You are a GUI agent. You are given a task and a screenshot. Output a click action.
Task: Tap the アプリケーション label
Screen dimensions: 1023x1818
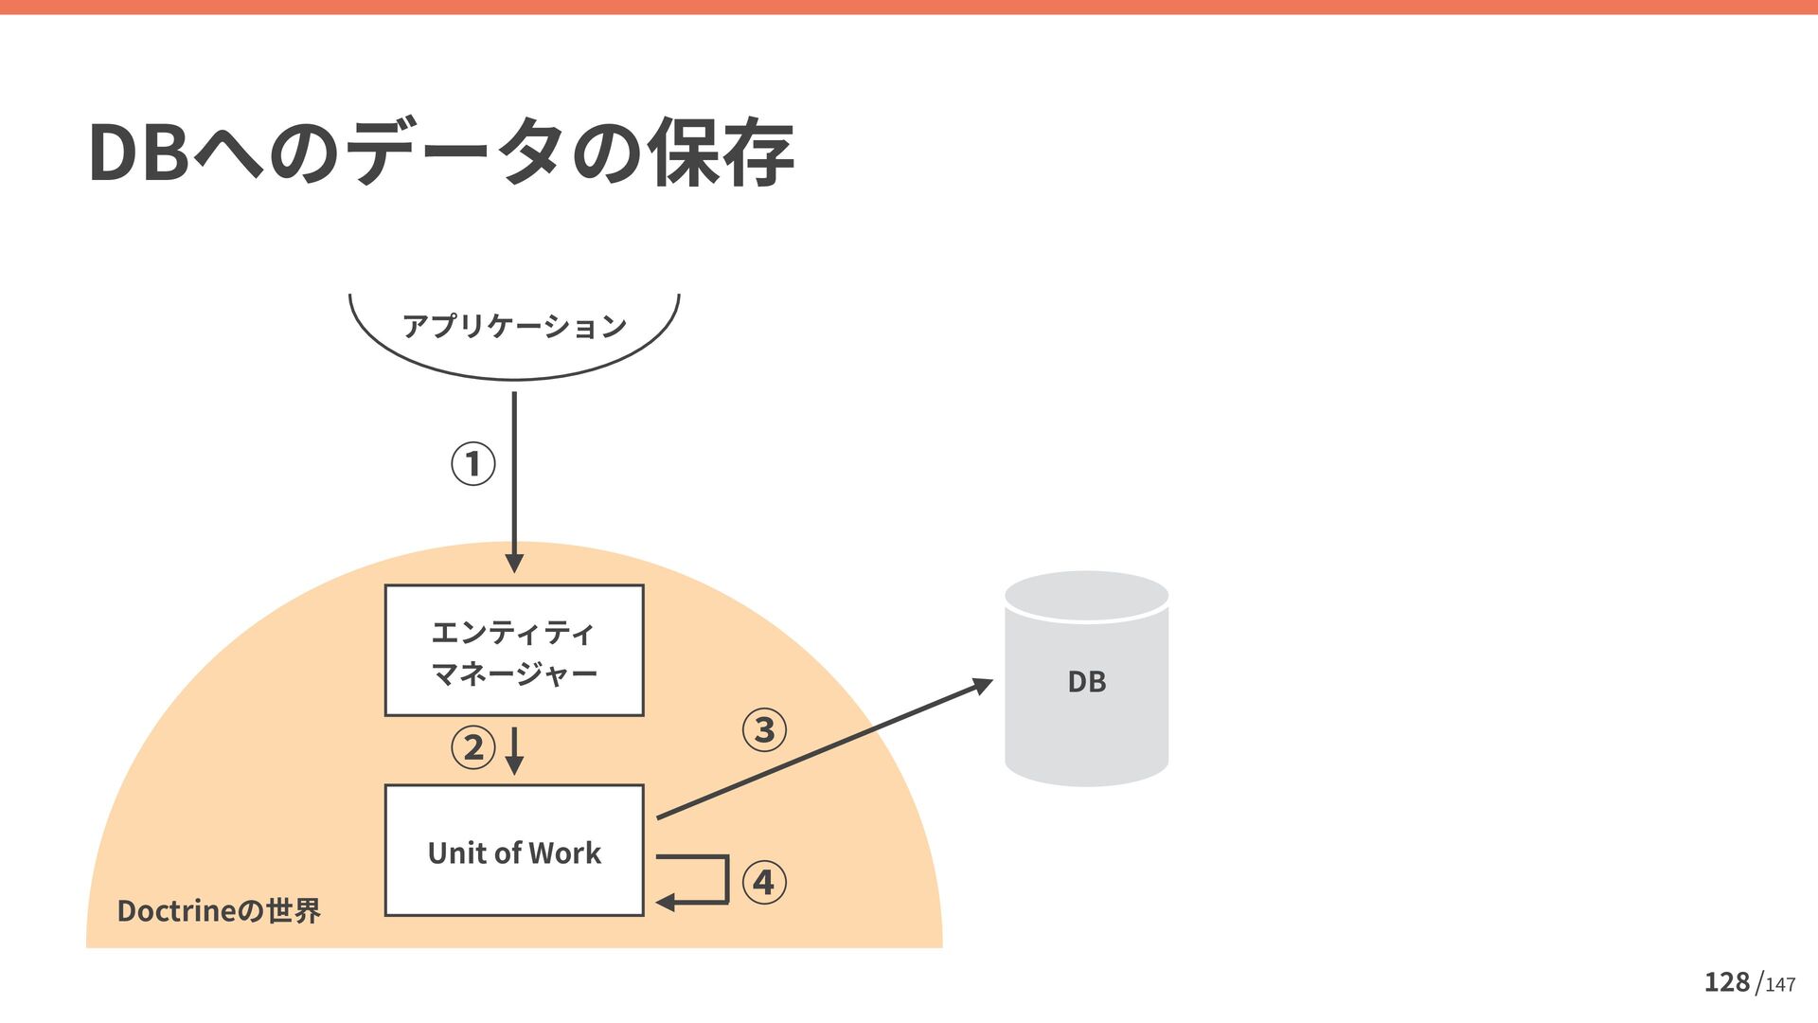click(x=514, y=326)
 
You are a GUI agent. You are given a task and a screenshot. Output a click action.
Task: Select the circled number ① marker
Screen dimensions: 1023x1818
click(x=473, y=464)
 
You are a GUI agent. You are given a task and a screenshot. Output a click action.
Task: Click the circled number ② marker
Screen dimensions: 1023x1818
click(x=473, y=747)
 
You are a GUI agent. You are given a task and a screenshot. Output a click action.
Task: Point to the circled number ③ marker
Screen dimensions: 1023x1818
click(x=764, y=730)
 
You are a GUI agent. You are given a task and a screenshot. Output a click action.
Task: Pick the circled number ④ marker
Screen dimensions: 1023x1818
click(x=764, y=883)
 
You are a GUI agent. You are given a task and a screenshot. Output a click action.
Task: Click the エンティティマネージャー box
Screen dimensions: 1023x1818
click(x=514, y=651)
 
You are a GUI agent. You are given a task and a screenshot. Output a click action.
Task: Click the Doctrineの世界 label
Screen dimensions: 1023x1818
click(x=219, y=911)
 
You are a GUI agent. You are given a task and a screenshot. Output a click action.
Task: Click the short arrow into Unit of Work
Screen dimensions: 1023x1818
click(x=514, y=750)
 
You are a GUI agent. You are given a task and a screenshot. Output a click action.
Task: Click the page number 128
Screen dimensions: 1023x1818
click(x=1726, y=982)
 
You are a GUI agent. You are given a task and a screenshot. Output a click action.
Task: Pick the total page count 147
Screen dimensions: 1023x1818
click(x=1780, y=985)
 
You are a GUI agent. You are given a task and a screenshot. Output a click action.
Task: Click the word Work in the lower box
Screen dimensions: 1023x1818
click(x=565, y=853)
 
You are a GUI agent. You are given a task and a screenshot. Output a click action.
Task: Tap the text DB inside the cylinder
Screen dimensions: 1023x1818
click(x=1086, y=682)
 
